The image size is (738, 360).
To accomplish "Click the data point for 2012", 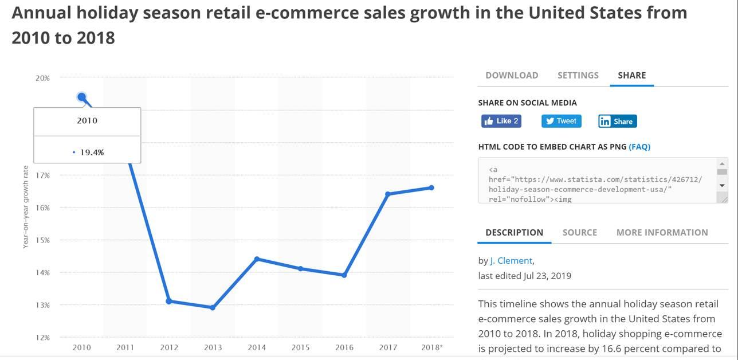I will pos(169,301).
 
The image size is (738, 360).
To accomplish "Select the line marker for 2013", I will pos(213,308).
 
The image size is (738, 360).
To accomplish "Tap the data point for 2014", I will pos(257,259).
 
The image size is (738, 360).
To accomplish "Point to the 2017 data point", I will pos(388,194).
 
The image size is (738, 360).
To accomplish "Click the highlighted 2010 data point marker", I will pos(82,97).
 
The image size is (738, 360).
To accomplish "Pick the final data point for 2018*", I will pos(431,187).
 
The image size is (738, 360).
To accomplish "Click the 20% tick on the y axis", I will pos(42,78).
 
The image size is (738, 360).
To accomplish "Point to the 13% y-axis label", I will pos(42,305).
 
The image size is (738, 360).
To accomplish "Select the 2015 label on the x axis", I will pos(300,347).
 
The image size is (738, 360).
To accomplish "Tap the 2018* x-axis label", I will pos(431,347).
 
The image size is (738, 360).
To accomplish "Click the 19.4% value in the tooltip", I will pos(92,152).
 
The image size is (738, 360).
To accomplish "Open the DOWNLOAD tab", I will pos(512,75).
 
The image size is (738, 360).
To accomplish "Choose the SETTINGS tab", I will pos(578,75).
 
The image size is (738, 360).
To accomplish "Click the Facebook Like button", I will pos(501,121).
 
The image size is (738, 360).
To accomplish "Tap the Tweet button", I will pos(561,121).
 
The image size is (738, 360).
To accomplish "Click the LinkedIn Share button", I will pos(617,121).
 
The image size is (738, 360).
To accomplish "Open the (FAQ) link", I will pos(639,147).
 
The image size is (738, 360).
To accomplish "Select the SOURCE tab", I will pos(579,232).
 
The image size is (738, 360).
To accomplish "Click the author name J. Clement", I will pos(511,261).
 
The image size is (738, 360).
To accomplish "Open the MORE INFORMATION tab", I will pos(662,232).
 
